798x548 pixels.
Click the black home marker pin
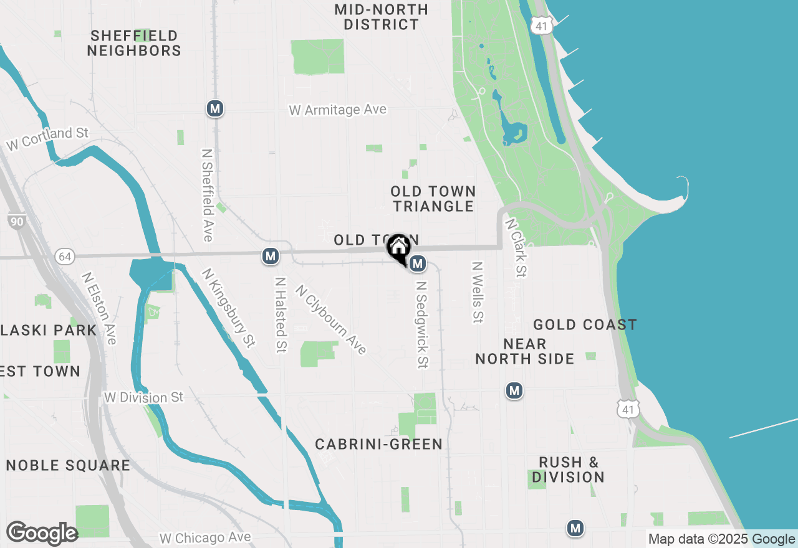(x=398, y=248)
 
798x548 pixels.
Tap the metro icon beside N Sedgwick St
(x=418, y=264)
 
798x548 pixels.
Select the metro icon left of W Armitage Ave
(x=215, y=108)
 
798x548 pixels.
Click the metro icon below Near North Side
(x=514, y=390)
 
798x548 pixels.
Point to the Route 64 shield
(x=64, y=256)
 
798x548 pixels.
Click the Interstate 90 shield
(x=17, y=221)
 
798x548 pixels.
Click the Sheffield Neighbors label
(x=134, y=43)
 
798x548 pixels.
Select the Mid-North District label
(x=381, y=17)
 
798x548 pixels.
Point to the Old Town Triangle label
(x=433, y=199)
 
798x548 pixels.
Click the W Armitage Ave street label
(x=338, y=110)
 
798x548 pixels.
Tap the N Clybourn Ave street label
(x=331, y=319)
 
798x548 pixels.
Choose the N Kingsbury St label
(x=229, y=308)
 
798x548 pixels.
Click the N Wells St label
(x=478, y=292)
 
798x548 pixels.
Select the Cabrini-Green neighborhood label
(x=378, y=444)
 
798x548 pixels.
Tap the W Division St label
(x=144, y=397)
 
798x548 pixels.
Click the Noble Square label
(x=68, y=465)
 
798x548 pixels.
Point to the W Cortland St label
(x=48, y=138)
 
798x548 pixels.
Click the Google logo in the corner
(x=42, y=534)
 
